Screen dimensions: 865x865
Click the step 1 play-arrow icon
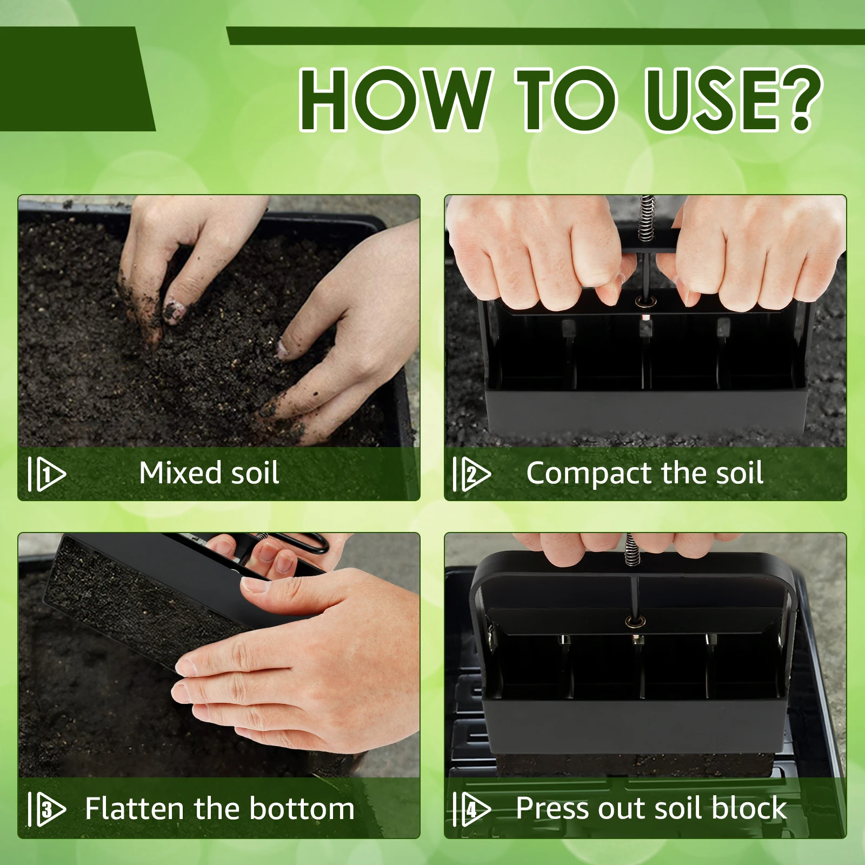47,474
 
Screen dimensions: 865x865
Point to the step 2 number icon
472,474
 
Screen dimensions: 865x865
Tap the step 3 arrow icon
47,809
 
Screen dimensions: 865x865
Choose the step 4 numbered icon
472,809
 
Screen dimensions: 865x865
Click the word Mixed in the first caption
181,473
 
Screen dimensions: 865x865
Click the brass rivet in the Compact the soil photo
644,301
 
